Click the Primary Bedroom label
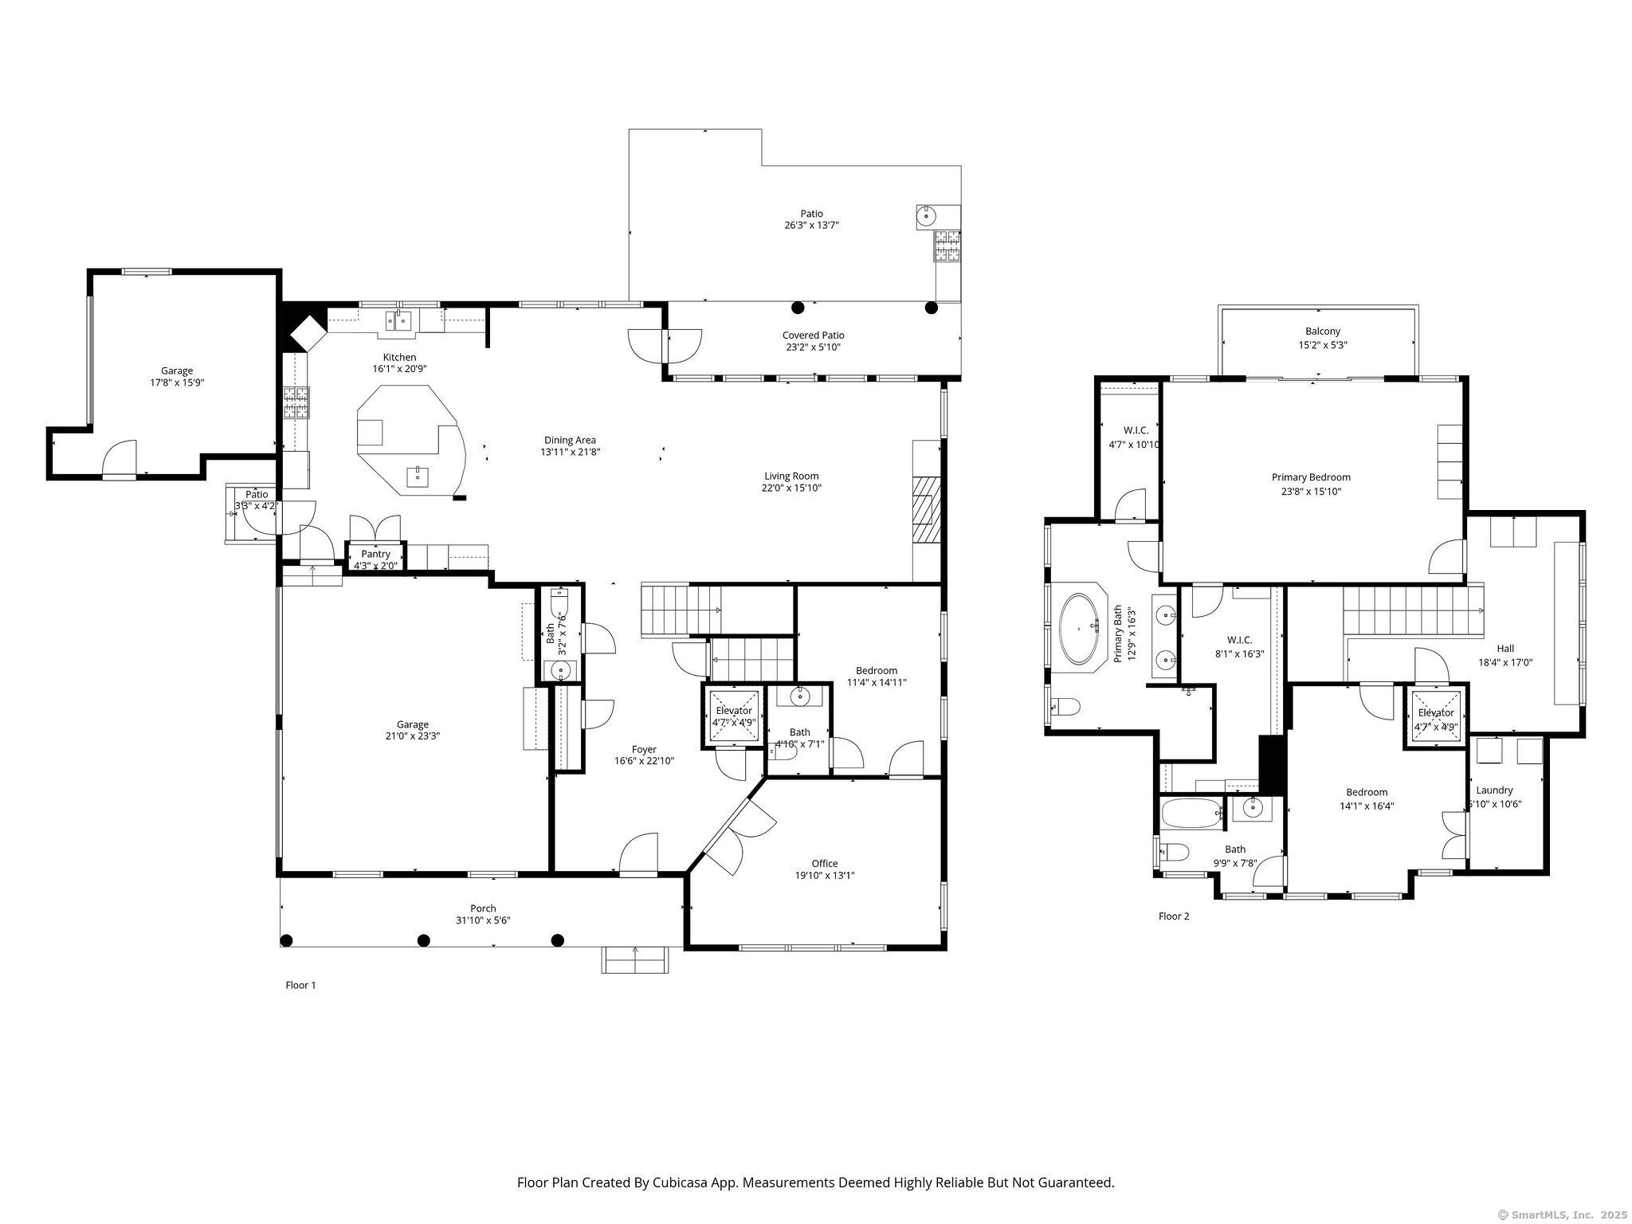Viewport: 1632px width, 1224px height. point(1311,477)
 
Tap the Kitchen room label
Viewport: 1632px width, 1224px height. point(399,357)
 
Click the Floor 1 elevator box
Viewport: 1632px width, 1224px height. point(733,716)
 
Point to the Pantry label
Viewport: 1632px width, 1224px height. point(375,554)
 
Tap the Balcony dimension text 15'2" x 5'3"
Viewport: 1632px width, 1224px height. point(1322,345)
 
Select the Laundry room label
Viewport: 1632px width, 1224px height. point(1494,790)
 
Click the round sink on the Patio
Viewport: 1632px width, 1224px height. point(927,216)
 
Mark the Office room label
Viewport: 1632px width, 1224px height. point(825,863)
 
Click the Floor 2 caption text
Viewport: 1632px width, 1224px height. point(1173,916)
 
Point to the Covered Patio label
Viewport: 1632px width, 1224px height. point(813,335)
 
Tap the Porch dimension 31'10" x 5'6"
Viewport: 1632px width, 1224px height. point(483,920)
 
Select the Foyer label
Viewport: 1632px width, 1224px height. point(644,749)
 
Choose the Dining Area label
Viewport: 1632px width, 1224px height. point(570,440)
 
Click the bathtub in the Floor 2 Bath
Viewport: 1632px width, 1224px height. point(1191,814)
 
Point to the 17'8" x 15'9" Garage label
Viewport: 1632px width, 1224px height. point(177,371)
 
